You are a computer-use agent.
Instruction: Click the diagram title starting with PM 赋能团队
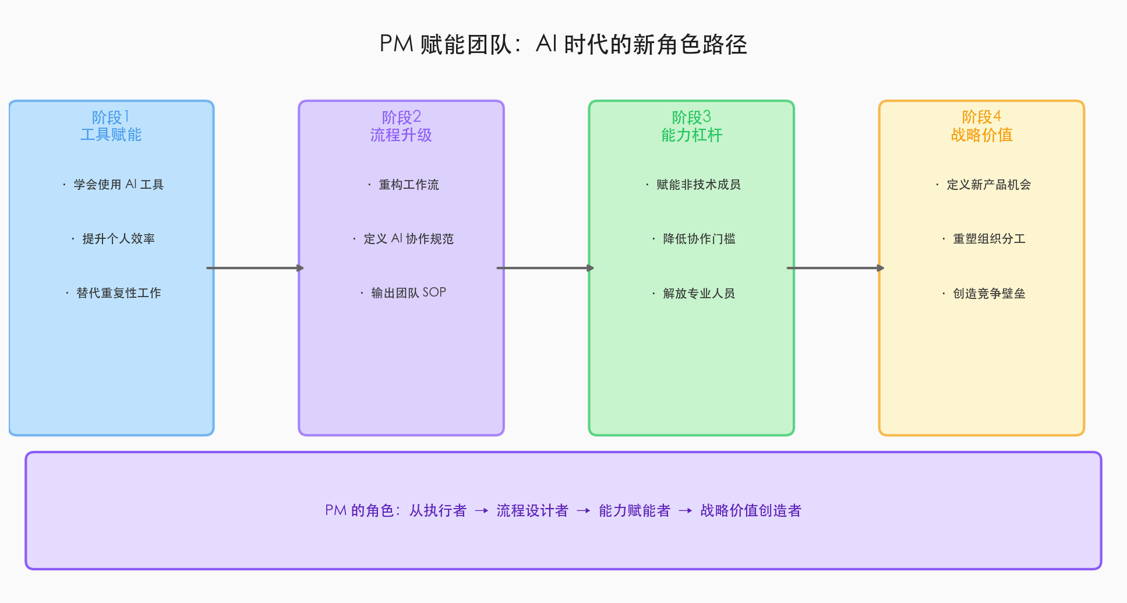click(x=563, y=44)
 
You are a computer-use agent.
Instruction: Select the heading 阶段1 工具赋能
click(x=111, y=126)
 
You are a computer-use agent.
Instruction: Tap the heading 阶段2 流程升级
click(x=401, y=126)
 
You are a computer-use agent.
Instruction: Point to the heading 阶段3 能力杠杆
click(x=691, y=126)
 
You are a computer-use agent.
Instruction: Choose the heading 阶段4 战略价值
click(x=981, y=126)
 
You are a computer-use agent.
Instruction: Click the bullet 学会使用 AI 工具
click(x=118, y=185)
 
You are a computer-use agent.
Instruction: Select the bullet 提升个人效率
click(x=118, y=239)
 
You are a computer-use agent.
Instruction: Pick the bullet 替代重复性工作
click(x=118, y=293)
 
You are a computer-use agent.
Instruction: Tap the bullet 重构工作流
click(x=408, y=185)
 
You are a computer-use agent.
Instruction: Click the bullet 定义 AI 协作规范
click(x=408, y=239)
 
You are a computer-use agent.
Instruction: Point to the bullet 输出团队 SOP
click(x=408, y=292)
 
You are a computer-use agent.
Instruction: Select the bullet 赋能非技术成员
click(x=698, y=185)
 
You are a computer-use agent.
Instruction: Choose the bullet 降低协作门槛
click(x=698, y=239)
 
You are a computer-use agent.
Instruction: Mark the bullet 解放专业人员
click(x=698, y=293)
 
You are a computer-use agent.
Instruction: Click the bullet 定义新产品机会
click(x=988, y=185)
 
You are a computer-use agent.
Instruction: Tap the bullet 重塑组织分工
click(x=988, y=239)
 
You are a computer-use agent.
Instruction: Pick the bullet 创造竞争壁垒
click(x=988, y=293)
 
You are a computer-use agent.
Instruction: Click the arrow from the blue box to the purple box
click(x=256, y=268)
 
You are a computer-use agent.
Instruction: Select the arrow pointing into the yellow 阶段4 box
click(x=836, y=268)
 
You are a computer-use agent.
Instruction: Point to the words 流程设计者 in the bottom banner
click(x=532, y=511)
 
